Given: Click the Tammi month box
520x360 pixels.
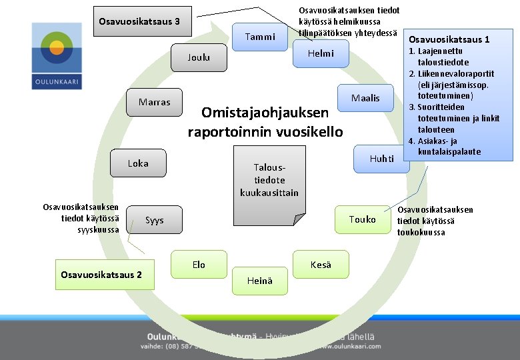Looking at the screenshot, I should pos(259,37).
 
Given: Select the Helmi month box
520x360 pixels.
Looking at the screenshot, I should pos(321,54).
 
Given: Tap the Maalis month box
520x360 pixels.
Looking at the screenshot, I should pos(365,99).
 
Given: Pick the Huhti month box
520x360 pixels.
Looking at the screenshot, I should pos(382,159).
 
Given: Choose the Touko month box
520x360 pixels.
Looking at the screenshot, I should pos(363,219).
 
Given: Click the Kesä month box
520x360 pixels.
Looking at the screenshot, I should pos(321,265).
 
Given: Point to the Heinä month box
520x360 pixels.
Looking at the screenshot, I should pos(260,281).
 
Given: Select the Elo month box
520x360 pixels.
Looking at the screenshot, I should pos(199,265).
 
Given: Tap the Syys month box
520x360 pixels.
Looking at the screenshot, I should pos(155,220).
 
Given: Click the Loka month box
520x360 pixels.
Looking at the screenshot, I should pos(138,163).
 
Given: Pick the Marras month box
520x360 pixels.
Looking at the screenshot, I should pos(155,103).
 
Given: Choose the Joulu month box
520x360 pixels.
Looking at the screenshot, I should pos(199,58).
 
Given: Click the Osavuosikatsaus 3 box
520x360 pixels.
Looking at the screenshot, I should pos(139,22).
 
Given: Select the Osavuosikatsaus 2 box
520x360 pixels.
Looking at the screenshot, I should pos(101,275).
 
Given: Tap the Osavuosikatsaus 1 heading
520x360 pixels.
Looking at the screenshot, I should pos(449,39).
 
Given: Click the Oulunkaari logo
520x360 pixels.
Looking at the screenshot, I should pos(57,57).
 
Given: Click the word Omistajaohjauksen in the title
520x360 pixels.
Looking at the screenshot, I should pos(265,113).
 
